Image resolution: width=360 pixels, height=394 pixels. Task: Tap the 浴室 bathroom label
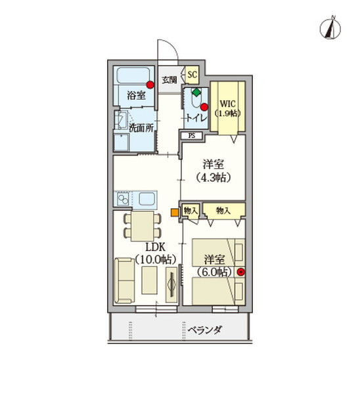136,96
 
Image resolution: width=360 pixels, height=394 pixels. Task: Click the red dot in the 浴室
151,84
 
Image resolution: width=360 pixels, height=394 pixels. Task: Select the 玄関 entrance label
169,79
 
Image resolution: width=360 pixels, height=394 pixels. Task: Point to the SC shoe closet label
192,74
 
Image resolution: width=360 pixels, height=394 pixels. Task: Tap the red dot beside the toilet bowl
204,107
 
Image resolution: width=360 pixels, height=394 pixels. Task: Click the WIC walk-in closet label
229,108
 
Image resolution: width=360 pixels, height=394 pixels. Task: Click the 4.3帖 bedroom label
214,171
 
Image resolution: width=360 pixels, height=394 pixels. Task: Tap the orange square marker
174,211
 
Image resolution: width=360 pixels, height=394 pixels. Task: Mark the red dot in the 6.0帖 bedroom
241,272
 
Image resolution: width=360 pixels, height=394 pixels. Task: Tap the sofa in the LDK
124,280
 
